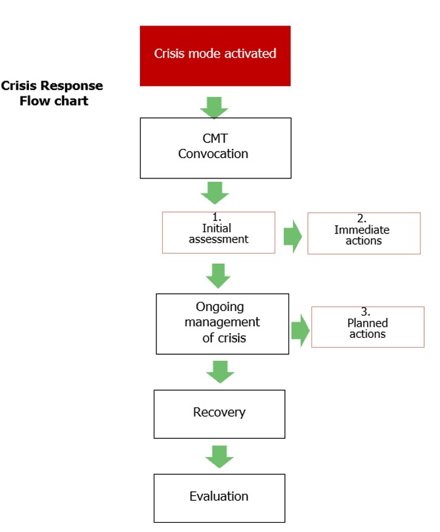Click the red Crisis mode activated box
tap(215, 56)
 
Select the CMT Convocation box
tap(215, 148)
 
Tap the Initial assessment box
tap(219, 233)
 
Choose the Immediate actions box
tap(364, 234)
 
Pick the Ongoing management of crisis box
tap(222, 324)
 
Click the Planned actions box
tap(368, 327)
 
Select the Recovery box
tap(219, 415)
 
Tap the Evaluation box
tap(219, 498)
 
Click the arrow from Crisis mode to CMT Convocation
tap(214, 108)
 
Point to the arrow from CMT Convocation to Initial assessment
tap(215, 193)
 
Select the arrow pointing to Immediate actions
tap(292, 237)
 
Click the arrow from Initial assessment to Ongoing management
tap(218, 276)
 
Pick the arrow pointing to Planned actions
tap(300, 331)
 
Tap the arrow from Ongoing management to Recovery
tap(220, 372)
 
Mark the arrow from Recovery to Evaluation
tap(219, 457)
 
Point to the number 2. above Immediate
tap(361, 218)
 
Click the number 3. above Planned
tap(365, 312)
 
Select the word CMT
tap(215, 138)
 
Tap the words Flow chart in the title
tap(54, 101)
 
